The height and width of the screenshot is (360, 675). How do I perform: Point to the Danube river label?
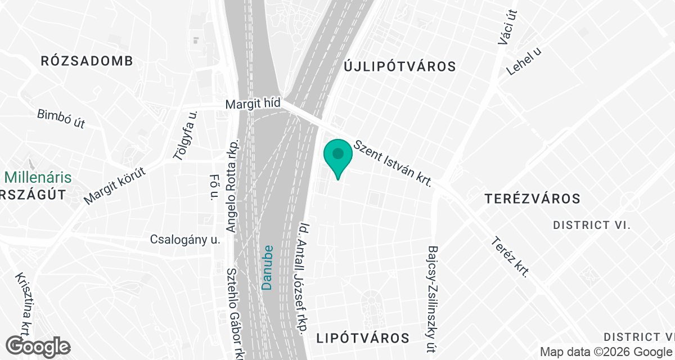tap(268, 267)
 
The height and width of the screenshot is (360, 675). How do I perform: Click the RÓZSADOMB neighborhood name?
tap(87, 62)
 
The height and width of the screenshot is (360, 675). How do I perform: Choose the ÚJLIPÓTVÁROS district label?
tap(399, 67)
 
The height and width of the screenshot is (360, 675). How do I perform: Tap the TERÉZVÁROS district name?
tap(532, 199)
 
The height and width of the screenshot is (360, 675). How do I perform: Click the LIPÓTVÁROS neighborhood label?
tap(363, 338)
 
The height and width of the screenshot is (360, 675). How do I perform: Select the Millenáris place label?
tap(38, 178)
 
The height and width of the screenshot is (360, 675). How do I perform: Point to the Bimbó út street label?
tap(61, 119)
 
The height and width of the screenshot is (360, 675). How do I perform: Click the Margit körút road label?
tap(115, 186)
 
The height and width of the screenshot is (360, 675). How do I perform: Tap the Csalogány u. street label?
tap(184, 240)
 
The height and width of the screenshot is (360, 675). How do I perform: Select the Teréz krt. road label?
tap(510, 258)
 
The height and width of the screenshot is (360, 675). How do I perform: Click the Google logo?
tap(38, 346)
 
